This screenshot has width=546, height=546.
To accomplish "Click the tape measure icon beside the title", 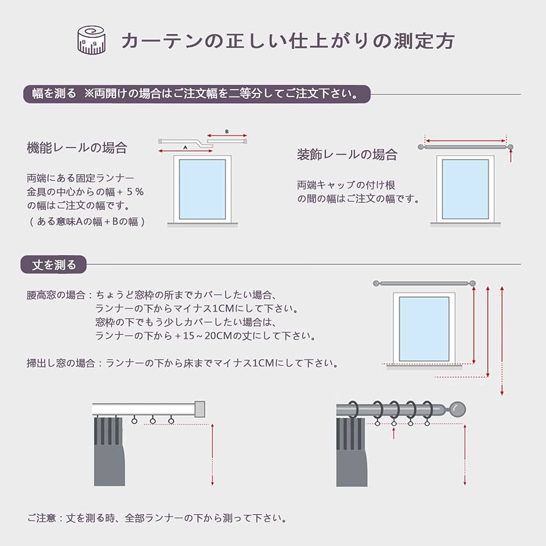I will click(92, 40).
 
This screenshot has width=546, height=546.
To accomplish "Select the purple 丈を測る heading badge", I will click(54, 264).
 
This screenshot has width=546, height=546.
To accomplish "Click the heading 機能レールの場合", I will click(77, 148).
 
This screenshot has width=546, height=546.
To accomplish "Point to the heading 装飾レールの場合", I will click(347, 155).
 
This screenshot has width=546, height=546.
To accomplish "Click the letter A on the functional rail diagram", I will click(184, 147).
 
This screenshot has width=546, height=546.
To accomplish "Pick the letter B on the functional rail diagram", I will click(227, 131).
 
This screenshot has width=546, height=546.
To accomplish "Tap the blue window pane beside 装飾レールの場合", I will click(465, 189).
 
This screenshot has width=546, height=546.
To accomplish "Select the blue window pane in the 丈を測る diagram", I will click(424, 329).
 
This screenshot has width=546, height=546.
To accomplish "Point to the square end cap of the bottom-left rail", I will click(199, 408).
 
